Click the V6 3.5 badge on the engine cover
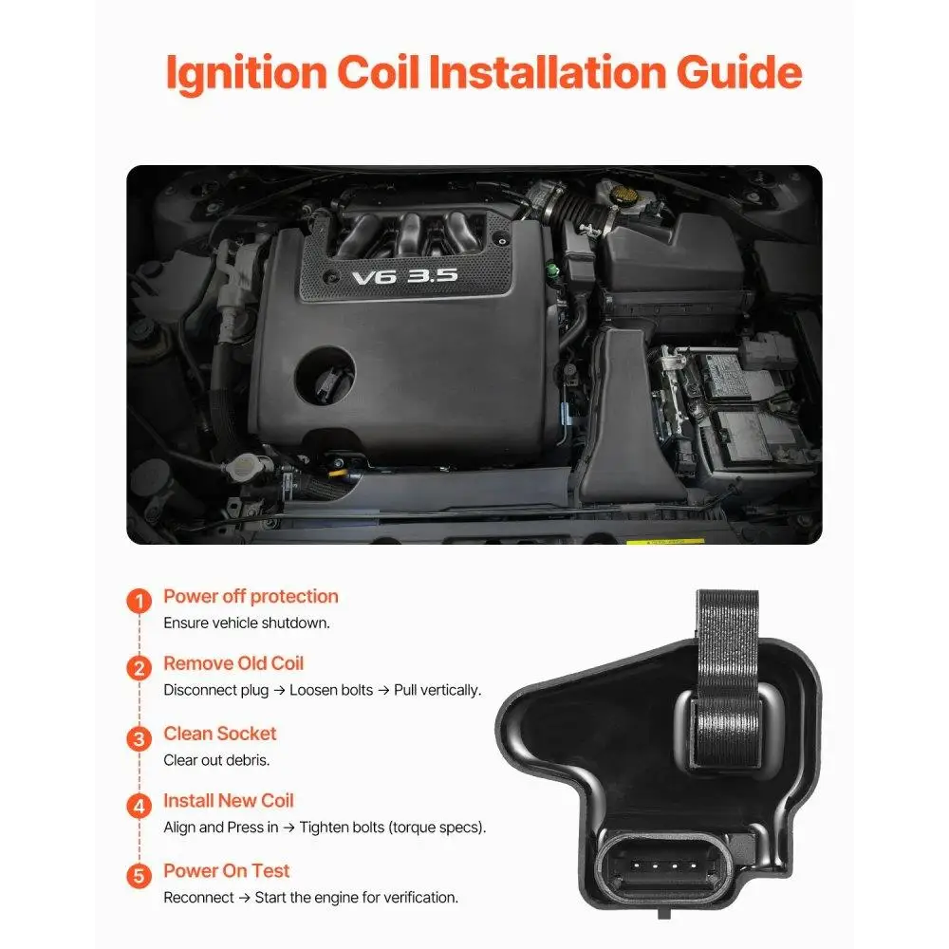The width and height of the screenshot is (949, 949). coord(404,276)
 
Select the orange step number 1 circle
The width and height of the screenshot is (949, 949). coord(140,602)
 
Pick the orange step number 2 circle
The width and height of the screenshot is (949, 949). coord(140,668)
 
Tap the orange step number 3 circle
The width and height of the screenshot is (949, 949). coord(140,738)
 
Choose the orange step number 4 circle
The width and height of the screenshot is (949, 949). coord(140,807)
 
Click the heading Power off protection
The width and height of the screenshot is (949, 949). coord(251,597)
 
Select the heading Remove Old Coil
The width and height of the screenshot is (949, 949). coord(233,663)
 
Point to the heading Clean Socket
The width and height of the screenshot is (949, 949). coord(220,734)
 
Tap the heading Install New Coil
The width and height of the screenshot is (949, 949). coord(229,801)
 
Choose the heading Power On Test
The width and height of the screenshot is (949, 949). coord(227,871)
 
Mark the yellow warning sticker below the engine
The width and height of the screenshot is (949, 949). coord(664,542)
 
